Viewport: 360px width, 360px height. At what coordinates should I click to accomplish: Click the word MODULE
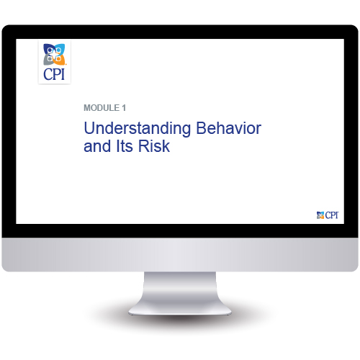[x=102, y=108]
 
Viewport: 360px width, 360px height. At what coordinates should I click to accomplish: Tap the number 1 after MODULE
[x=124, y=108]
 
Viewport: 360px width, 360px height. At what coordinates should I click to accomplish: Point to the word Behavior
[x=229, y=128]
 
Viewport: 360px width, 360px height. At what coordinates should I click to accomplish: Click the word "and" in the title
[x=97, y=146]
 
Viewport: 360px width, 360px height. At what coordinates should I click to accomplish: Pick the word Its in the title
[x=125, y=146]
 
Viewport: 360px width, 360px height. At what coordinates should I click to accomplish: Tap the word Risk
[x=154, y=146]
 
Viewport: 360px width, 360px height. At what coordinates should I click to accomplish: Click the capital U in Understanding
[x=89, y=128]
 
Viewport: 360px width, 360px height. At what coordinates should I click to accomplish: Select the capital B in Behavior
[x=202, y=128]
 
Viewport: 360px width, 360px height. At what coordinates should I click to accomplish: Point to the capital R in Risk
[x=144, y=146]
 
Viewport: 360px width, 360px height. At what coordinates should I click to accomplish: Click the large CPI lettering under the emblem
[x=54, y=74]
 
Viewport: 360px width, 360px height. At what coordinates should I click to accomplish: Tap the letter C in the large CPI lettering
[x=48, y=74]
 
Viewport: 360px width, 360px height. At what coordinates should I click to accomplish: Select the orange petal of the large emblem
[x=60, y=60]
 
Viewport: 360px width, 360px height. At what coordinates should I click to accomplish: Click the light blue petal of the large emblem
[x=60, y=48]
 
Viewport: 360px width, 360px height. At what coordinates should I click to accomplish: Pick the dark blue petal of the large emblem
[x=48, y=49]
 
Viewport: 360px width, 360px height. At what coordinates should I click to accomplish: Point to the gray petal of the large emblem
[x=48, y=60]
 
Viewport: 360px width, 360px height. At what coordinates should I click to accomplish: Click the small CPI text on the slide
[x=332, y=215]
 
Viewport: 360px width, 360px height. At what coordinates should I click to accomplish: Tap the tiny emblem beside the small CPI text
[x=320, y=215]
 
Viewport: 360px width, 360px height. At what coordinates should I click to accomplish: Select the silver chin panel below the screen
[x=180, y=254]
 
